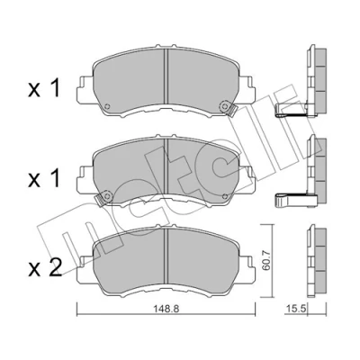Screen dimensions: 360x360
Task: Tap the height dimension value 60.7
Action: tap(266, 262)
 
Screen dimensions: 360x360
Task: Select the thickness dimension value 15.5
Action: tap(293, 309)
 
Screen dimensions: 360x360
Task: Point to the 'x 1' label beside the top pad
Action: tap(44, 88)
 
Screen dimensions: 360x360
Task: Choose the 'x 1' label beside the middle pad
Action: tap(44, 179)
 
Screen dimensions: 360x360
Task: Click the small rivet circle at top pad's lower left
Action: tap(107, 106)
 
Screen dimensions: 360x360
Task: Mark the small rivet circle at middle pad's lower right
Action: tap(225, 196)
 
